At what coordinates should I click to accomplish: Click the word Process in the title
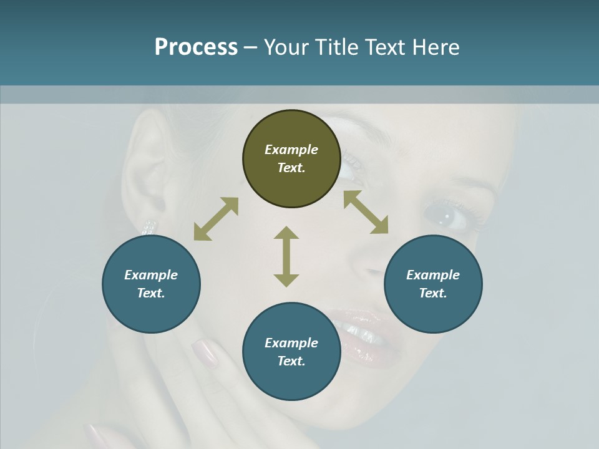196,47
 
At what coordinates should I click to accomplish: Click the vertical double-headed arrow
286,256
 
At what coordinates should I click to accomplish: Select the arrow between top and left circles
216,219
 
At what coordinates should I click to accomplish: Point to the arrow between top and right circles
366,212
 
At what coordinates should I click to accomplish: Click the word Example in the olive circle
291,150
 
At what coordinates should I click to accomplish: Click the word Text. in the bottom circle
291,361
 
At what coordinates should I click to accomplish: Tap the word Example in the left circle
151,275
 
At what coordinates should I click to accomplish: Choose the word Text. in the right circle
433,293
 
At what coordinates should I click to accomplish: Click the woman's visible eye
444,216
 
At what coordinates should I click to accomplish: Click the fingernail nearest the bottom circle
205,352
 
